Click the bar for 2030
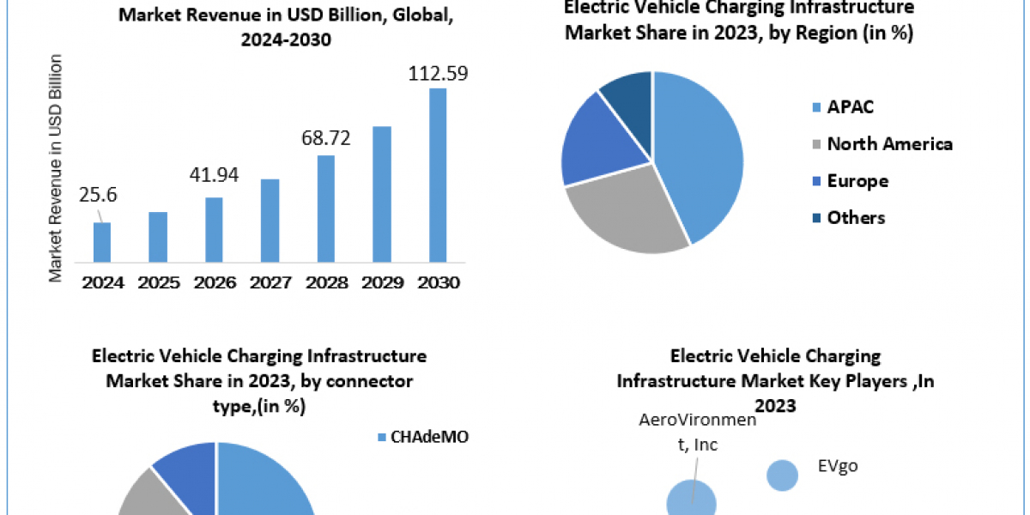438,175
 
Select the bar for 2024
102,242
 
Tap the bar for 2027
270,221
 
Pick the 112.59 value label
438,74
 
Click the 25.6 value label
98,195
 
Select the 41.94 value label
214,176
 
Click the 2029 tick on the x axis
382,282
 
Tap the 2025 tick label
158,282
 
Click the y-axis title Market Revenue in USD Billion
56,167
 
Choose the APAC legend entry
850,107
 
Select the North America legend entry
889,144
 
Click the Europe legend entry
857,181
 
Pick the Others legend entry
855,218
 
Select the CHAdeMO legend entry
430,438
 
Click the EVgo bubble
782,475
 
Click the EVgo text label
839,467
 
